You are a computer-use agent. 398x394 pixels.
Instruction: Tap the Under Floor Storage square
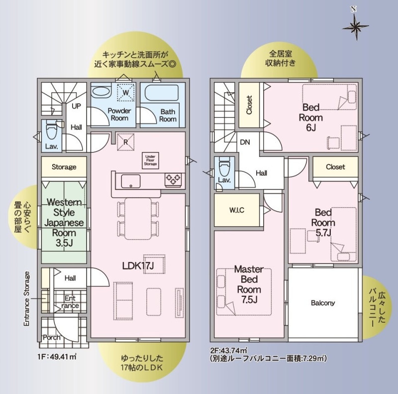tap(150, 160)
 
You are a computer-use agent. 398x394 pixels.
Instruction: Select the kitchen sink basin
tap(130, 181)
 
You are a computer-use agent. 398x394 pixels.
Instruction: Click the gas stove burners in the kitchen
tap(174, 178)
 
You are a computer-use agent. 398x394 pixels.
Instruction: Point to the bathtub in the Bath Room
tap(161, 93)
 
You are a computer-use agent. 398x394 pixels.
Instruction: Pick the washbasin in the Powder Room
tap(100, 92)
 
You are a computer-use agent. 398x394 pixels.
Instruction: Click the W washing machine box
tap(126, 92)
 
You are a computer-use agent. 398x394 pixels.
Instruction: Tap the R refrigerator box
tap(126, 142)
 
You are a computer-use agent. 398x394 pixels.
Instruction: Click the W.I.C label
tap(237, 210)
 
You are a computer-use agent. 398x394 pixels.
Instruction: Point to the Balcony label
tap(323, 303)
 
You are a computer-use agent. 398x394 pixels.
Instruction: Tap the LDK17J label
tap(138, 265)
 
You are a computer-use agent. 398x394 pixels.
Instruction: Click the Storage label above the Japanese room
tap(64, 167)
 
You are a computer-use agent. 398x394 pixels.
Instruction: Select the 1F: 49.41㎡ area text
tap(57, 357)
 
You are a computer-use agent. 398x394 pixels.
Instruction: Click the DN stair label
tap(245, 142)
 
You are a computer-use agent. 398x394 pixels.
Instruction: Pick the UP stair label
tap(76, 106)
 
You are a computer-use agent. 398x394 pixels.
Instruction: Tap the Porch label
tap(52, 337)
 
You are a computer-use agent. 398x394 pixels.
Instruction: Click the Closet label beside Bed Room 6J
tap(249, 105)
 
